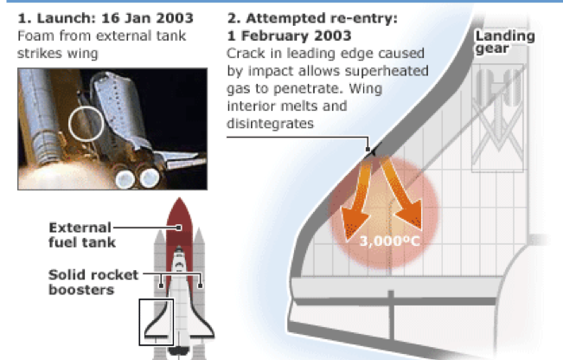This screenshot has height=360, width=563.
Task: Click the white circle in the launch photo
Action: click(69, 124)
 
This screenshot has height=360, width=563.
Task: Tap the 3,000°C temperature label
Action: click(389, 241)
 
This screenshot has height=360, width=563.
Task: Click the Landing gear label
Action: click(505, 42)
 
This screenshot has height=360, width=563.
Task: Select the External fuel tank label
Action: click(82, 235)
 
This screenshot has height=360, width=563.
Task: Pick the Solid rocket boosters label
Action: click(93, 282)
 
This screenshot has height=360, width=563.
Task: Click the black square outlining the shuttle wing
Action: click(139, 322)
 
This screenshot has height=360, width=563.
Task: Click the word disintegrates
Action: click(270, 124)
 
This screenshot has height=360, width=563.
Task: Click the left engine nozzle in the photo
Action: click(125, 179)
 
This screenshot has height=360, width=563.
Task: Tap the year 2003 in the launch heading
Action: click(175, 18)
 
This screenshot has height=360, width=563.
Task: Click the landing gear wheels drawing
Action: click(498, 88)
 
